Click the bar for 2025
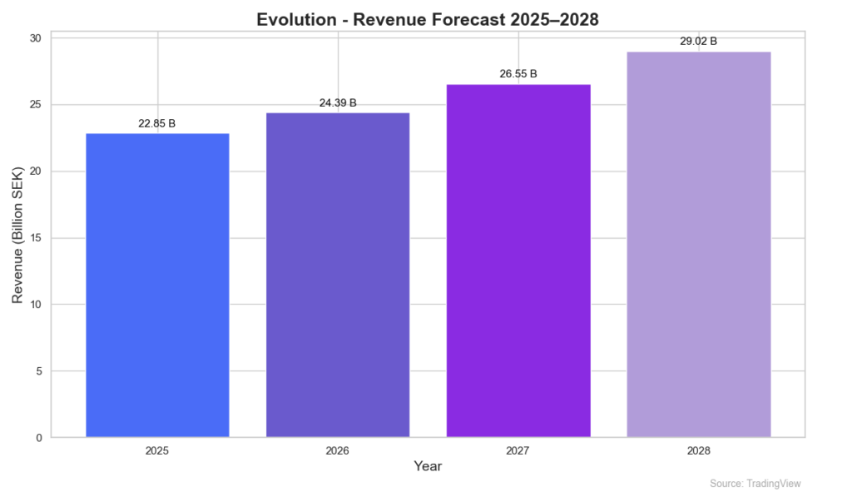[157, 285]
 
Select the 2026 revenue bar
[338, 275]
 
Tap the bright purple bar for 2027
[518, 261]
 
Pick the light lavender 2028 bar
[698, 244]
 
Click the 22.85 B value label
[157, 124]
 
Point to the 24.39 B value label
[338, 103]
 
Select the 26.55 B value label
[518, 74]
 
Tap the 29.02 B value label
[698, 41]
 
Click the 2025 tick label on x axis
[157, 450]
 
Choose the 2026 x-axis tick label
[338, 450]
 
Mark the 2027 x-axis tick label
[518, 450]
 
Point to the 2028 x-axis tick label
[698, 450]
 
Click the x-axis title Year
[428, 466]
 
